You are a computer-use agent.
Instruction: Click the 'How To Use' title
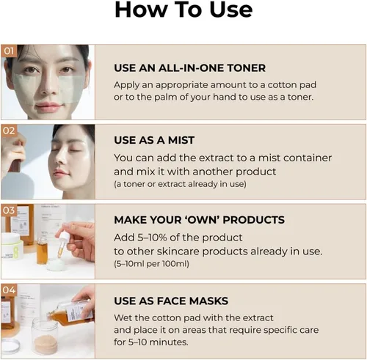coord(183,10)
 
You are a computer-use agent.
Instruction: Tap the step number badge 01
coord(9,51)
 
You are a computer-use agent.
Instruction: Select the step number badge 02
coord(9,131)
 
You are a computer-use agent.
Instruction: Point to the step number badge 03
coord(9,211)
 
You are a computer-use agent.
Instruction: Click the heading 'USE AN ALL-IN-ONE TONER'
coord(189,68)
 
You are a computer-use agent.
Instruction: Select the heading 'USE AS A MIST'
coord(154,140)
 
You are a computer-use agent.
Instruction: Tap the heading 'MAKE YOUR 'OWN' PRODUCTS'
coord(199,220)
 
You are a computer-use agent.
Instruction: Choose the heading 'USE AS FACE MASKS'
coord(171,301)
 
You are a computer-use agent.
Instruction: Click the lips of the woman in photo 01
coord(49,106)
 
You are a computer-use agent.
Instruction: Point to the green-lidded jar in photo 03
coord(15,246)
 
